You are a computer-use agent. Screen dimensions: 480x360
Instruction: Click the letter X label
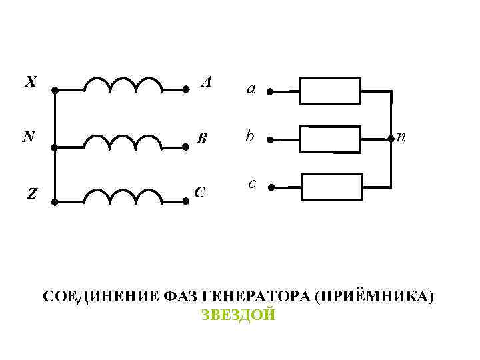[31, 82]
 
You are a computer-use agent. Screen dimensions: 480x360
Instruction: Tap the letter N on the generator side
[28, 137]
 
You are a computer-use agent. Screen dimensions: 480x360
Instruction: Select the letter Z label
[31, 194]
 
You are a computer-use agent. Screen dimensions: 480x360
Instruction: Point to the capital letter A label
[207, 82]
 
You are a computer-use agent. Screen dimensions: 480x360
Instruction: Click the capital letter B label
[203, 139]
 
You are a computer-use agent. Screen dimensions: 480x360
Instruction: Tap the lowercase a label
[251, 88]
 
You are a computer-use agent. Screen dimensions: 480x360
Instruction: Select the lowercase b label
[249, 136]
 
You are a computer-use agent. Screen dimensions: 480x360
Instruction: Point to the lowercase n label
[401, 137]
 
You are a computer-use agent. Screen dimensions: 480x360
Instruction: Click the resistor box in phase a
[330, 91]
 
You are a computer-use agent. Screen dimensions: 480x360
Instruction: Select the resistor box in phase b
[330, 139]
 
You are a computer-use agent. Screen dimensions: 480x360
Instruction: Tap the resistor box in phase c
[332, 187]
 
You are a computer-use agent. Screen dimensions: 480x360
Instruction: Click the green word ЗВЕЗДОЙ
[238, 315]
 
